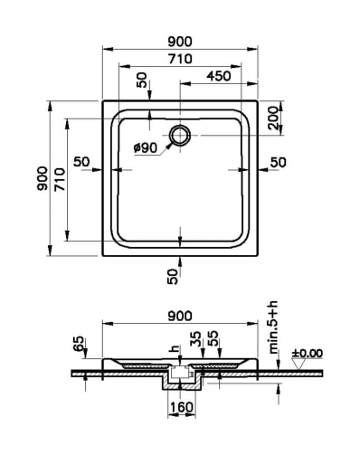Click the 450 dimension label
pos(219,76)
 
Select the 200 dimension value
pos(274,118)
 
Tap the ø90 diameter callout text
pos(146,148)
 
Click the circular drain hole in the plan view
pos(180,135)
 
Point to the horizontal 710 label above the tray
pos(180,59)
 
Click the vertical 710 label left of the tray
pos(60,180)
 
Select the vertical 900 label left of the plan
pos(43,178)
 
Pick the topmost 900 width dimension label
pos(180,42)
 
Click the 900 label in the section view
pos(180,316)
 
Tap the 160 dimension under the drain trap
pos(182,407)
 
